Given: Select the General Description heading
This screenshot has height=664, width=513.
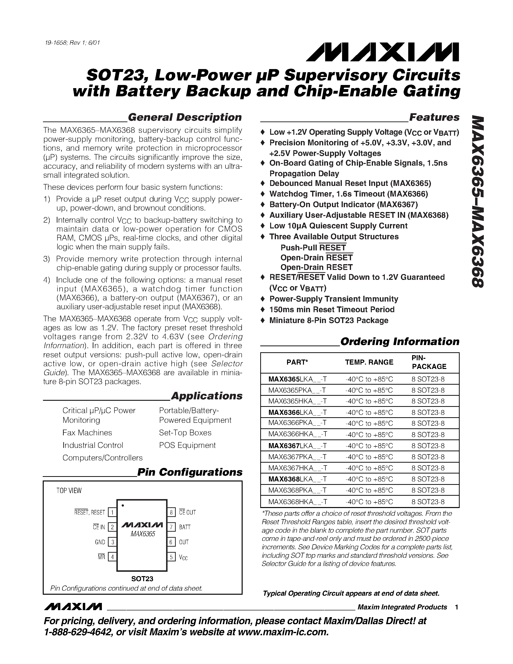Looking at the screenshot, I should pos(184,117).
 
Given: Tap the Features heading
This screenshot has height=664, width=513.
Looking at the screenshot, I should pos(434,117).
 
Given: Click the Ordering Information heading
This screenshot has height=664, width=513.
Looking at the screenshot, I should pos(400,341).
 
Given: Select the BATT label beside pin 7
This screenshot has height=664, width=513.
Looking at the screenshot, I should pos(185,527).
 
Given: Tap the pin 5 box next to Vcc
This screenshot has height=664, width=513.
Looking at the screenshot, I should pos(171,557).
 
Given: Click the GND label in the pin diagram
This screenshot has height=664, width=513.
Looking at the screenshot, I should pos(100,542).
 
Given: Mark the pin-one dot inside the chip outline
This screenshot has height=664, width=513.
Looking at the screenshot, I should pos(123,506).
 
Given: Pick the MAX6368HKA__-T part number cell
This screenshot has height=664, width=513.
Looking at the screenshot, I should pos(297,501).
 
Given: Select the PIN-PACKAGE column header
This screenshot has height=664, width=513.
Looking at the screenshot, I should pos(429,362).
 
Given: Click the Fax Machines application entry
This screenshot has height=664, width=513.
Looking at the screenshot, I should pos(87,433).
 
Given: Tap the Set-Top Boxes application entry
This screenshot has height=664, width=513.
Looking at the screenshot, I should pos(185,433).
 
